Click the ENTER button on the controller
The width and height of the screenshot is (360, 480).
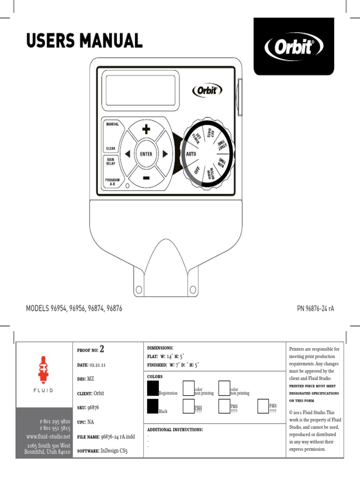(145, 154)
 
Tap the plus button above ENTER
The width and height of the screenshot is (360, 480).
(146, 129)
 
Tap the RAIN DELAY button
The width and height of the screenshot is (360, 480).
(111, 161)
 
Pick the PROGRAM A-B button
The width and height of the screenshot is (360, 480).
(112, 182)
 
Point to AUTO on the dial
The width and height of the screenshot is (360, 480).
(191, 154)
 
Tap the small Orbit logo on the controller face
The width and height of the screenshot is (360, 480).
(207, 90)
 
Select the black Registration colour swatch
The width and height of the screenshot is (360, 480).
(153, 389)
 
